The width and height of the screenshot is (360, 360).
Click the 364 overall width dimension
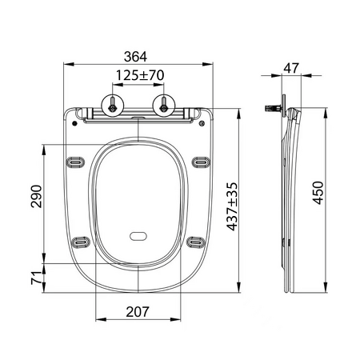click(x=135, y=57)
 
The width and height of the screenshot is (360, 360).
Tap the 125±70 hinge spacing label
click(x=140, y=75)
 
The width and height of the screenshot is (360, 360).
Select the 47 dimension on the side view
click(x=291, y=68)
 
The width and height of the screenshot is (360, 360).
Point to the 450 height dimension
click(x=318, y=193)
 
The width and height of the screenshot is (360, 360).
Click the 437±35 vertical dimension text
click(x=232, y=206)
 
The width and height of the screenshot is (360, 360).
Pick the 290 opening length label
click(x=36, y=196)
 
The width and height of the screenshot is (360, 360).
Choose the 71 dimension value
click(x=36, y=278)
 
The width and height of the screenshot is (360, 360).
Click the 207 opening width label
click(x=138, y=312)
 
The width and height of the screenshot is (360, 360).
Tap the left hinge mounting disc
click(x=113, y=106)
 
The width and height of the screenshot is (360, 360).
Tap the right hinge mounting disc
click(x=164, y=106)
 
